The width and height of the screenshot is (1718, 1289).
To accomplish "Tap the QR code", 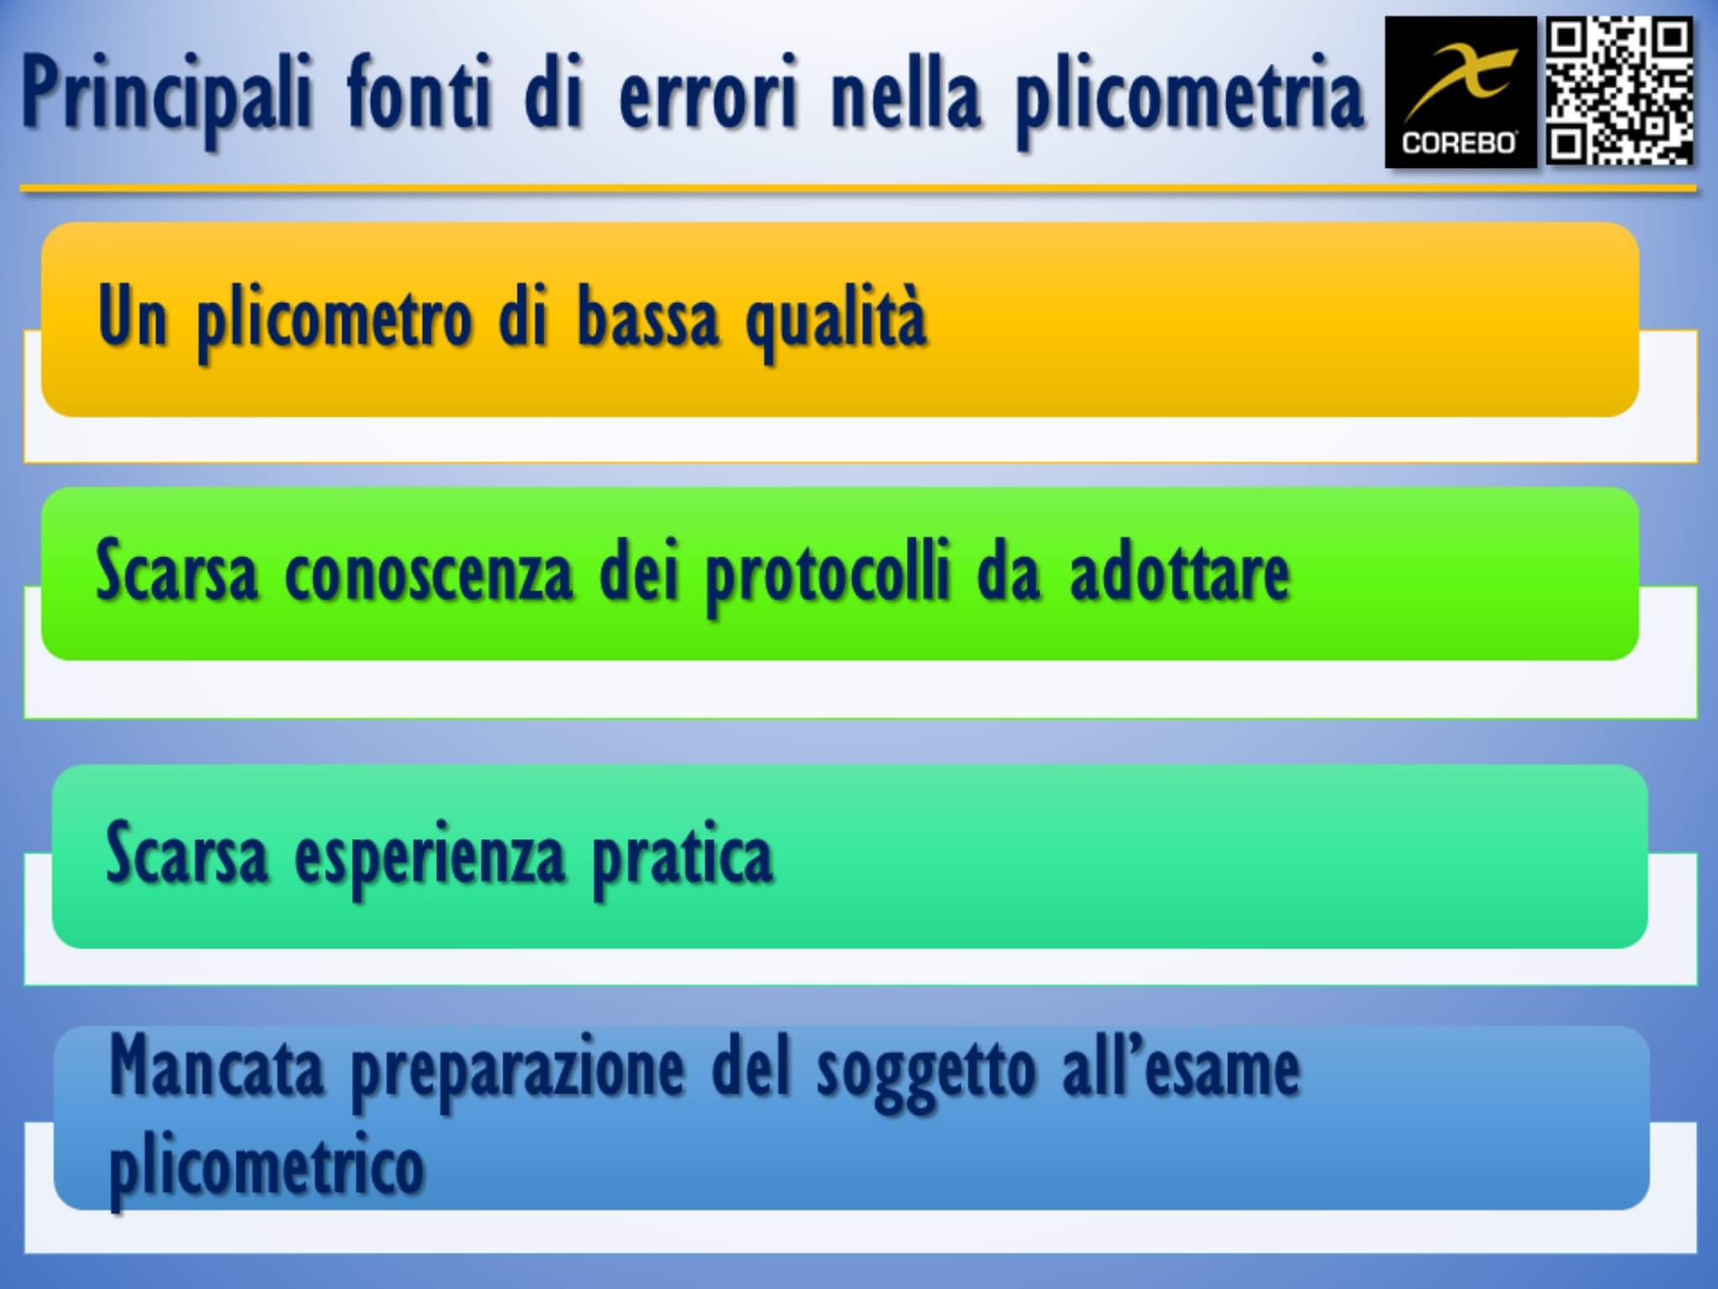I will (x=1619, y=92).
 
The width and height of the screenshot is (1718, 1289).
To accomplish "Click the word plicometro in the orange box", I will (x=334, y=319).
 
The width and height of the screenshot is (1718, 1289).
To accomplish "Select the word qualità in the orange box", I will (x=836, y=319).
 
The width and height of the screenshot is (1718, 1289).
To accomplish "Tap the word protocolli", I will (x=827, y=576).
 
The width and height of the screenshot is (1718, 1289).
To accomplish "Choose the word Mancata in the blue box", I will (x=216, y=1067).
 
